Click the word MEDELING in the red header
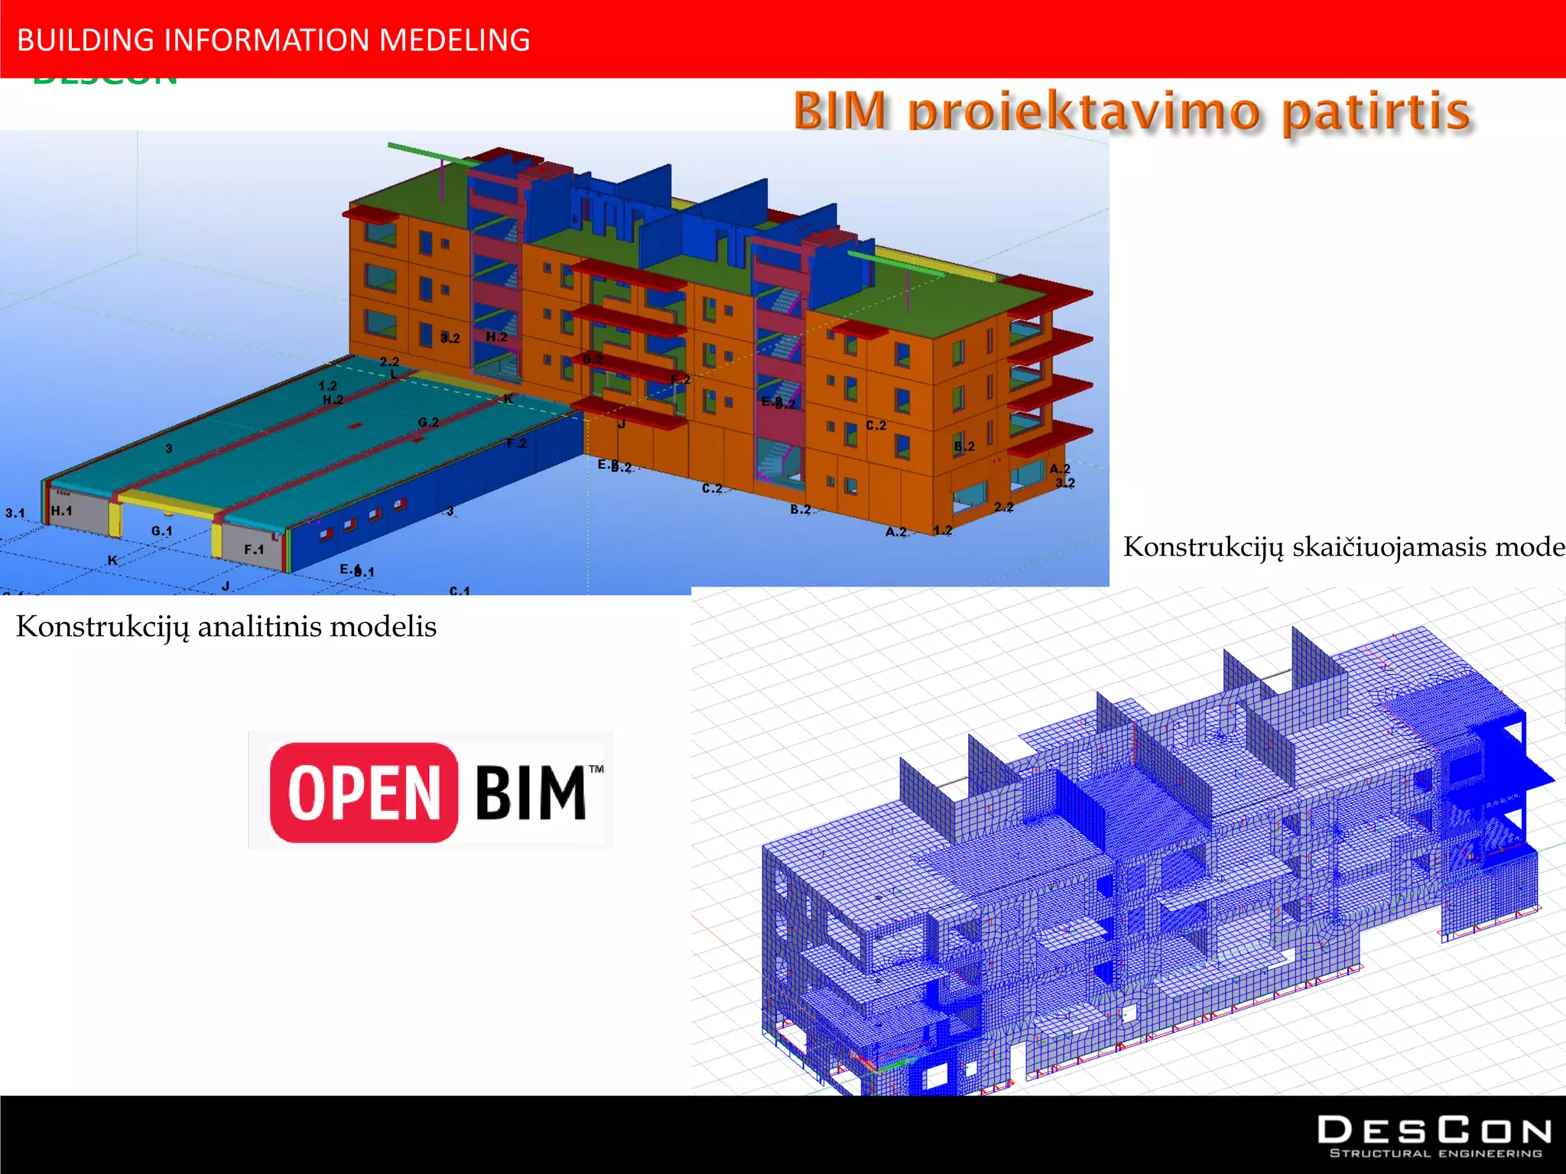click(x=454, y=41)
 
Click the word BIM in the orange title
click(x=840, y=111)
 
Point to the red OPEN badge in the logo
click(x=364, y=793)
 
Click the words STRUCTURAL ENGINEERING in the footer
click(x=1436, y=1153)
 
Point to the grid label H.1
click(x=61, y=511)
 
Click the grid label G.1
click(x=161, y=530)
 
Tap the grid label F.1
click(x=254, y=549)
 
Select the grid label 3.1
click(x=15, y=513)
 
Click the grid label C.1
click(x=460, y=590)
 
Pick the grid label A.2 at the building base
click(x=896, y=531)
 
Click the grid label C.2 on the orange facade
click(x=876, y=425)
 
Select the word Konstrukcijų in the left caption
click(x=102, y=627)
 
